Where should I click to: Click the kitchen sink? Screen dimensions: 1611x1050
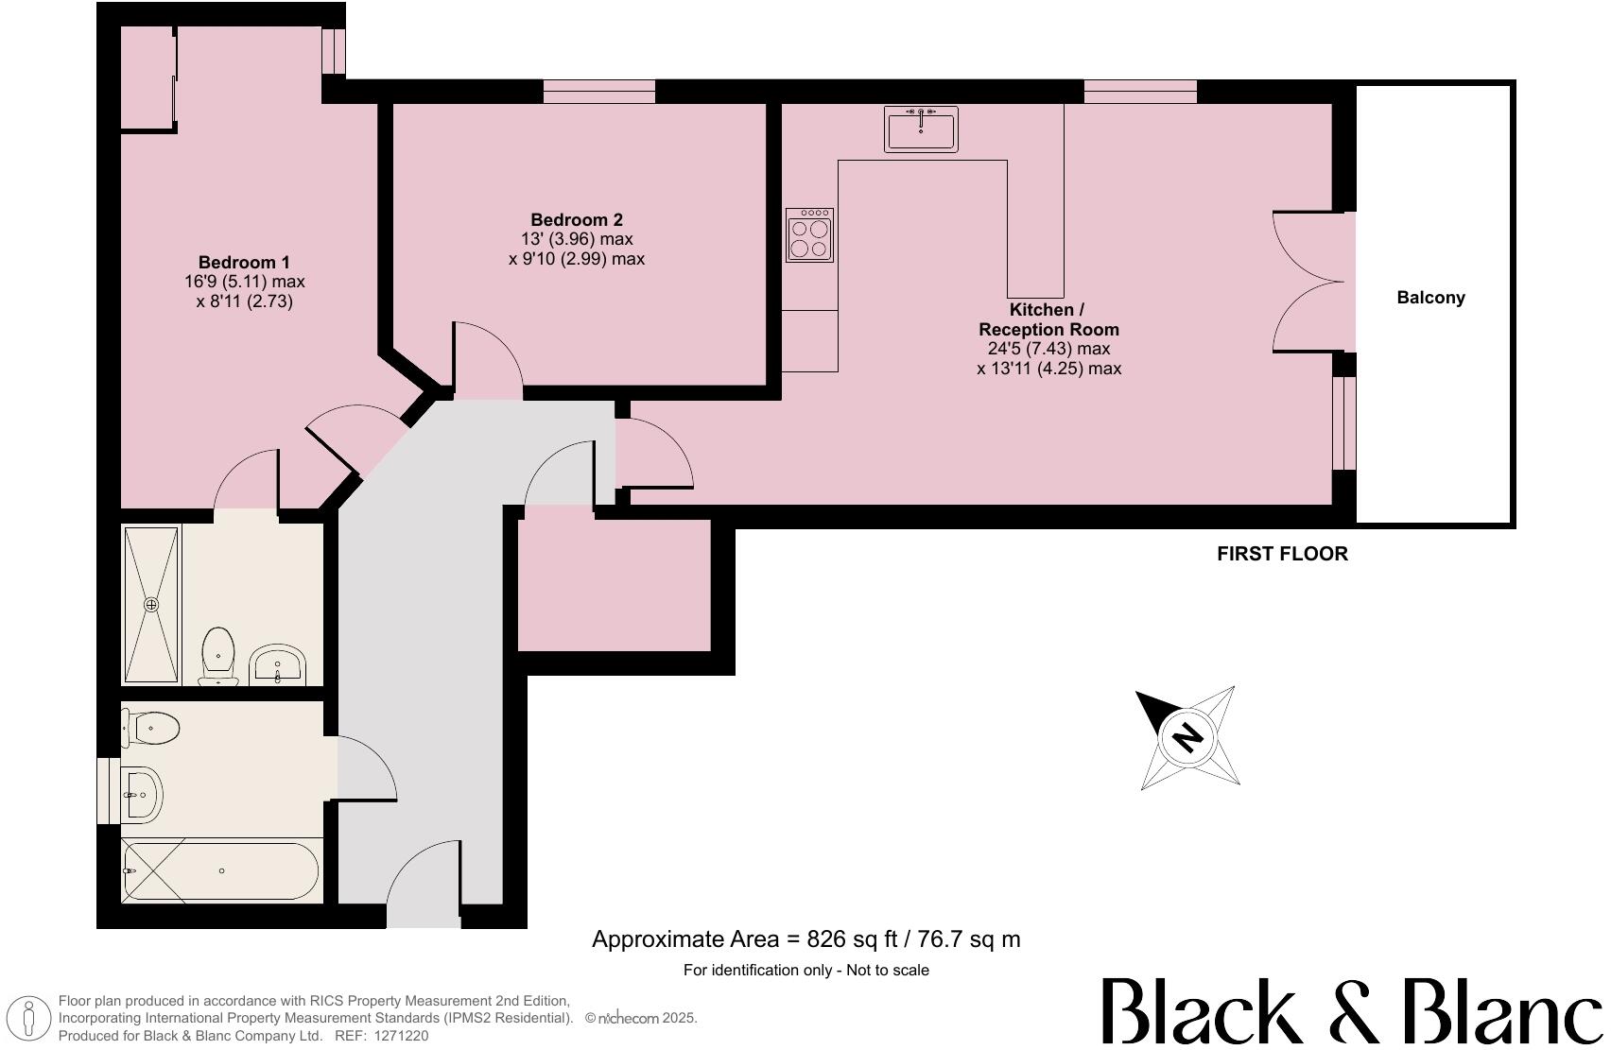click(x=921, y=129)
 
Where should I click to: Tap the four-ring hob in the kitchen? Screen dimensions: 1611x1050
click(x=809, y=234)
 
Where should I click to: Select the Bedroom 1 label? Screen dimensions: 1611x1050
click(x=244, y=262)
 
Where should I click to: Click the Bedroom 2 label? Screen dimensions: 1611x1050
click(x=576, y=219)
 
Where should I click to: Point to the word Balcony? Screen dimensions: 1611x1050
click(x=1430, y=297)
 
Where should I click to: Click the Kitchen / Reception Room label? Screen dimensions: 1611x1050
click(x=1048, y=319)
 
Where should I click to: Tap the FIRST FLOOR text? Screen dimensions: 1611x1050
click(x=1282, y=553)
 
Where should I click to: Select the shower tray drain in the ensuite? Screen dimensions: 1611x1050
click(x=151, y=605)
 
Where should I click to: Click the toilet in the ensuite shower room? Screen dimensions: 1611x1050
click(x=217, y=658)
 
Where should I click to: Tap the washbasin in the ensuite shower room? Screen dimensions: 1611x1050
click(x=278, y=664)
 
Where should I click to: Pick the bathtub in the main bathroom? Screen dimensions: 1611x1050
click(x=221, y=871)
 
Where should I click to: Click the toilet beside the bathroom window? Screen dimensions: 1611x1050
click(x=149, y=728)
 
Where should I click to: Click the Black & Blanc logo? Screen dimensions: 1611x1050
click(x=1352, y=1010)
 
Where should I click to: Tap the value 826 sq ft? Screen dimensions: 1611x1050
click(x=852, y=939)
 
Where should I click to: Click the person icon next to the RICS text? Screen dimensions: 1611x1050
click(x=29, y=1019)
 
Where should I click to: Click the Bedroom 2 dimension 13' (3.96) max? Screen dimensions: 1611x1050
click(x=577, y=239)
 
